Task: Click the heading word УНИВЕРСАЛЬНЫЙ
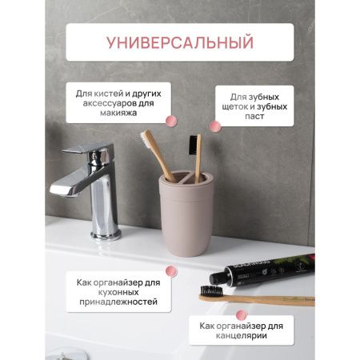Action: pos(179,42)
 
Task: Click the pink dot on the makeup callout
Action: pos(169,120)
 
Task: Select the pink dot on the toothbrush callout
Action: pos(214,126)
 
